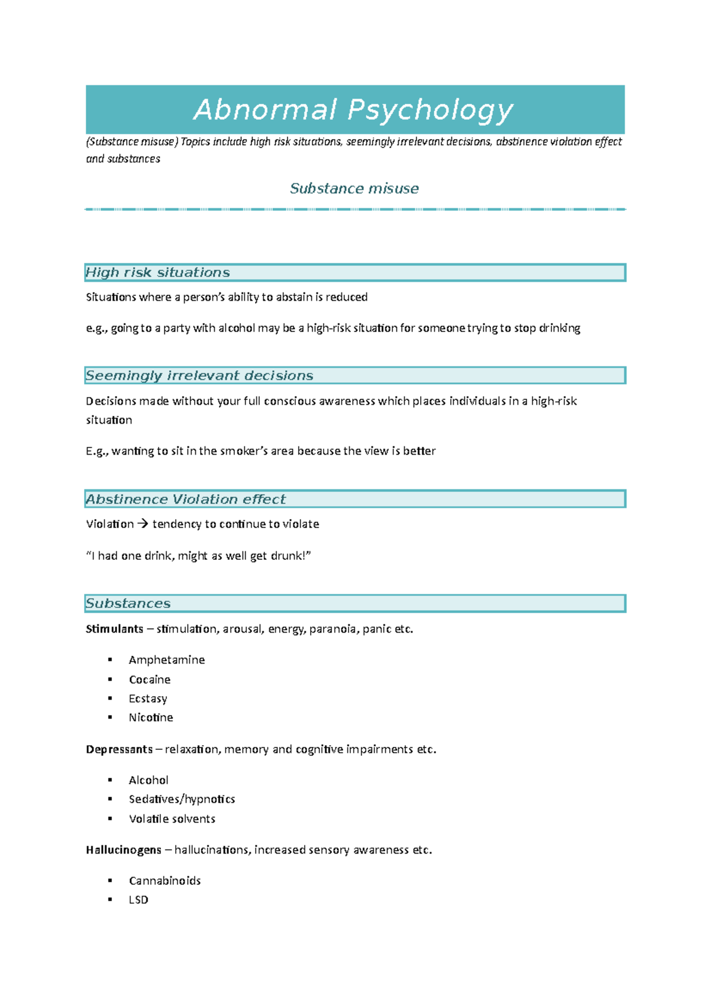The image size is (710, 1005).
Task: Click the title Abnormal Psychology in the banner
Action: (353, 110)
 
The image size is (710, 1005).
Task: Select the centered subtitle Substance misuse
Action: (354, 188)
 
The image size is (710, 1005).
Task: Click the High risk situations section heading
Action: (157, 272)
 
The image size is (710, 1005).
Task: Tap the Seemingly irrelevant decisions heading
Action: (199, 375)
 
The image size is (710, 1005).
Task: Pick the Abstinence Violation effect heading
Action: (185, 499)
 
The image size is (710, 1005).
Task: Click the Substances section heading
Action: (128, 603)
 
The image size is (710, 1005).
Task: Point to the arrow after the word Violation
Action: (143, 524)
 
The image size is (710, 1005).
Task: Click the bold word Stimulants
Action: (114, 629)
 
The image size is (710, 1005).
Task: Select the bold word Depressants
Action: (119, 749)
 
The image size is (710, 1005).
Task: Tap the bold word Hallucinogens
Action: (123, 849)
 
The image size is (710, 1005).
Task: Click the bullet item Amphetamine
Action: (167, 659)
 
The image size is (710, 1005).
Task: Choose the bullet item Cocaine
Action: (150, 679)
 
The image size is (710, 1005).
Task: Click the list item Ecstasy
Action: (148, 698)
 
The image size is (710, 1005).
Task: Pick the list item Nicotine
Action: (151, 717)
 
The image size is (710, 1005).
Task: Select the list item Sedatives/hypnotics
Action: (182, 799)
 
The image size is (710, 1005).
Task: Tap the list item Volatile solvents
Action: (172, 819)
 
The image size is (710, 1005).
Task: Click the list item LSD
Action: (138, 900)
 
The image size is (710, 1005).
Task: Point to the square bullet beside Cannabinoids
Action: (110, 880)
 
